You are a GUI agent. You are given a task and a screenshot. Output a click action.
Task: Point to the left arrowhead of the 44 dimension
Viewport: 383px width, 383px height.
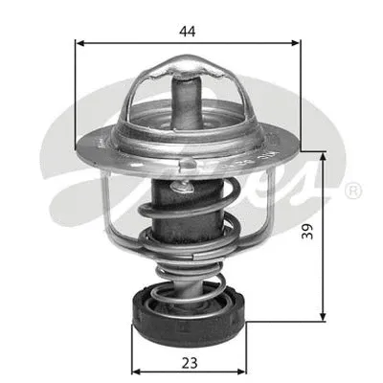point(79,43)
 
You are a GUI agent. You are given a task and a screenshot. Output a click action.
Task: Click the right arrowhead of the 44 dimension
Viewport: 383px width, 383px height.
point(298,43)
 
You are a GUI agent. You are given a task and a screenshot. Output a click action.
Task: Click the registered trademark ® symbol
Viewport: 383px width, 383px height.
point(353,191)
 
